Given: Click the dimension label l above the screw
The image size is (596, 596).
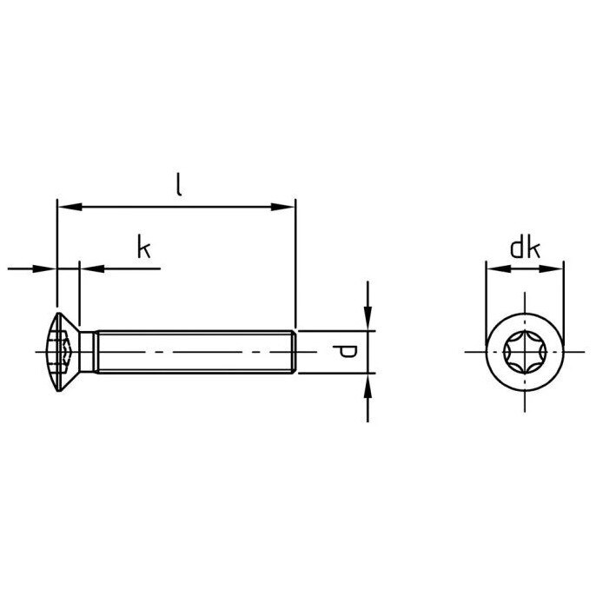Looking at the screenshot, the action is pos(179,185).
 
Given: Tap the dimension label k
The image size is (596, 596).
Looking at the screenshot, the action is pos(144,247).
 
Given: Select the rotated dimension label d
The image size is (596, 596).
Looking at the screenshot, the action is pos(345,352).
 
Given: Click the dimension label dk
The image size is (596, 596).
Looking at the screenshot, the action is pos(525,248).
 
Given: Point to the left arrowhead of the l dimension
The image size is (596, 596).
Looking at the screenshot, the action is pos(70,207).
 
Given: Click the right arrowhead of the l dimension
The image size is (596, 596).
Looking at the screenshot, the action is pos(282,207).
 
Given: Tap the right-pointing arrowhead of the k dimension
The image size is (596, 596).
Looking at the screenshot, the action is pos(44,269).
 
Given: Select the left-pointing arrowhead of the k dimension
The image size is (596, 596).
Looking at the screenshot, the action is pos(92,269).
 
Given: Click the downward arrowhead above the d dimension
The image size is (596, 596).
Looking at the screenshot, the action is pos(368,318).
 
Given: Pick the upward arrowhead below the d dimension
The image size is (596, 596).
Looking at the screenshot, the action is pos(368,387).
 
